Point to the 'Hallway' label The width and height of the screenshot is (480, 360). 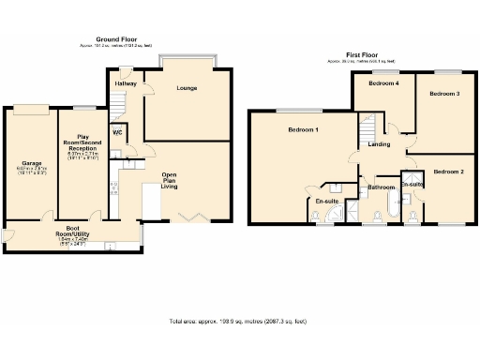tap(126, 83)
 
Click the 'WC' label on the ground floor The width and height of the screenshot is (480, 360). tap(118, 131)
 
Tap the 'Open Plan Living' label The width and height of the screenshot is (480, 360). tap(170, 181)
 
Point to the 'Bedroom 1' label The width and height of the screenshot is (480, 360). tap(303, 129)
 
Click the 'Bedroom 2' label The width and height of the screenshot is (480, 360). tap(448, 172)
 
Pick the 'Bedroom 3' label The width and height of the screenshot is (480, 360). tap(444, 94)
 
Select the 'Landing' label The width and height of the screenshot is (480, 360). tap(380, 144)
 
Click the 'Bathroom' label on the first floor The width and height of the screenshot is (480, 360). tap(381, 187)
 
